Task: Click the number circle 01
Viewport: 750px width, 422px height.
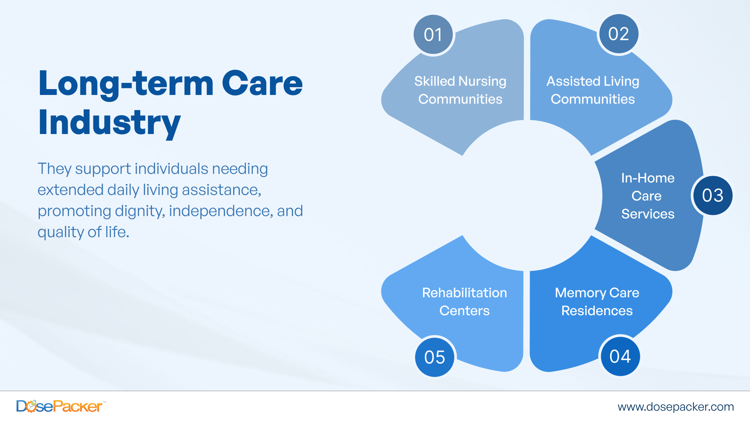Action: point(433,35)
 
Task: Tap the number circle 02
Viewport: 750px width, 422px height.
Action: point(618,34)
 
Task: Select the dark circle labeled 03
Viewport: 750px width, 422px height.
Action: point(712,195)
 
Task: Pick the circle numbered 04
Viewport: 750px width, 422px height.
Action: point(620,356)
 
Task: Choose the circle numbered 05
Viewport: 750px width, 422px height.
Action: point(434,357)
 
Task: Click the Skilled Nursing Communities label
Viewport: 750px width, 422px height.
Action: point(460,90)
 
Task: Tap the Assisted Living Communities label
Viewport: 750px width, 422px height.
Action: point(593,90)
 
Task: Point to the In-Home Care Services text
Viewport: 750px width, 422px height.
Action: point(648,196)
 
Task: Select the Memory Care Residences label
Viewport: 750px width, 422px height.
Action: point(597,302)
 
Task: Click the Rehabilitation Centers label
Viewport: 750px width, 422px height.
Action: point(464,302)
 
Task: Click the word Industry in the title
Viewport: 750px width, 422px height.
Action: point(109,123)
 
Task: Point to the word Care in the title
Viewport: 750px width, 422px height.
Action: point(262,84)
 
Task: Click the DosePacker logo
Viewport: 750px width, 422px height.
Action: point(59,406)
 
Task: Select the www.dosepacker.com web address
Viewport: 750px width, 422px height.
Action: point(675,407)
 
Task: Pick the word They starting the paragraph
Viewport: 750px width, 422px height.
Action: point(54,169)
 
